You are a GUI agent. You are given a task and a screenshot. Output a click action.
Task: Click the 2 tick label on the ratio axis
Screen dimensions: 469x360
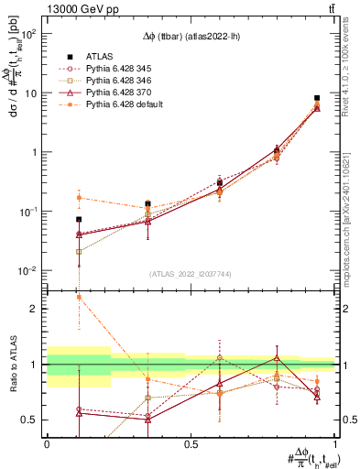pyautogui.click(x=32, y=309)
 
